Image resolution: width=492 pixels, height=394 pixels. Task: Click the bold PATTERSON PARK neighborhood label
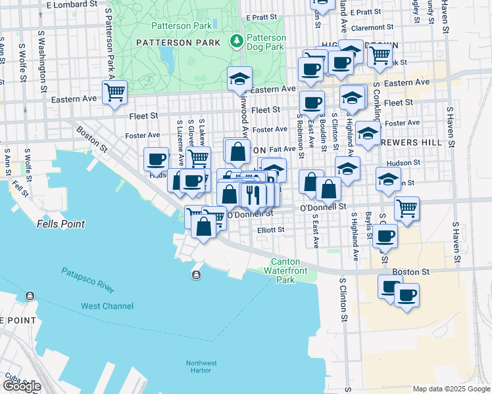tap(178, 43)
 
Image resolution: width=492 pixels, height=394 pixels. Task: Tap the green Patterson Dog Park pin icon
tap(235, 41)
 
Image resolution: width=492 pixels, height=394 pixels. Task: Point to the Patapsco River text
tap(88, 280)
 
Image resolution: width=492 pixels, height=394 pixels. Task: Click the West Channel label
tap(107, 306)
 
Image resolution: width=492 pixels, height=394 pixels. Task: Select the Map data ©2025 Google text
tap(451, 389)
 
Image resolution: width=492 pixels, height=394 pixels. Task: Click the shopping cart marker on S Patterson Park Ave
tap(115, 92)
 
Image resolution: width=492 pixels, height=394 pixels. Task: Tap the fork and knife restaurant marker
tap(252, 194)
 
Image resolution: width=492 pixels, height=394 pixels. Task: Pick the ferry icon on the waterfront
tap(196, 274)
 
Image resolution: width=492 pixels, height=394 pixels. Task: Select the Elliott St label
tap(270, 230)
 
